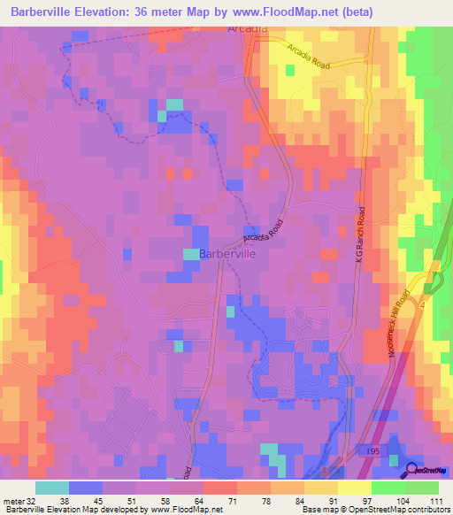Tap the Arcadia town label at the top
pos(247,28)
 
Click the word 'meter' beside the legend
pos(13,500)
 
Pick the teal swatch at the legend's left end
pos(52,488)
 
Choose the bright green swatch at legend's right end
pos(422,488)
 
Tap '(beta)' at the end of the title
pos(356,12)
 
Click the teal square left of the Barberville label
pos(191,254)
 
